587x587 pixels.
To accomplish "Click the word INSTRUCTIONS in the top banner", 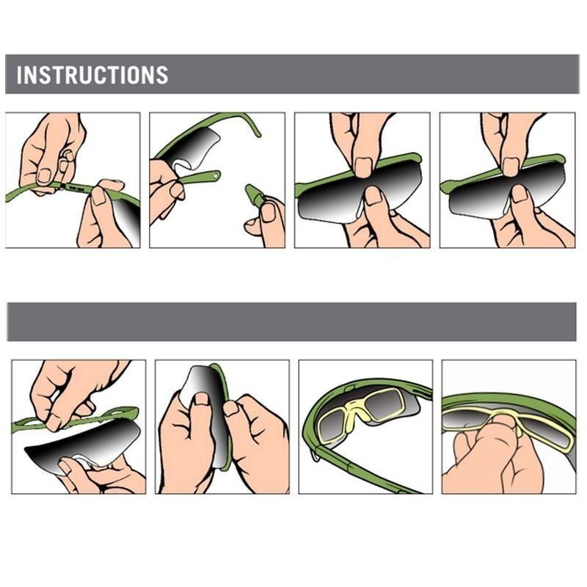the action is (x=92, y=75).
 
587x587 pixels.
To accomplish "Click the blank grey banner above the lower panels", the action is (x=291, y=322).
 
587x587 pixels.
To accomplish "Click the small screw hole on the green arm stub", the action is (x=214, y=175).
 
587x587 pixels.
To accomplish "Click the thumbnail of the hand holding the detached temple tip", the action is (x=269, y=212).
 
